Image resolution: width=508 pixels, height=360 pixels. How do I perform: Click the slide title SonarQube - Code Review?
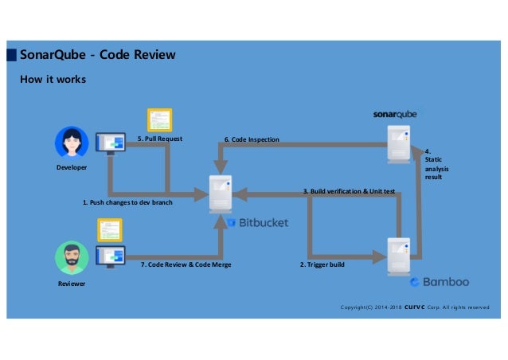[x=97, y=55]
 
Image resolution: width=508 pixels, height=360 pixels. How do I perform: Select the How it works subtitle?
[x=53, y=80]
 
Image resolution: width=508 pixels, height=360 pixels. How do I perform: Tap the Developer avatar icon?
[x=72, y=143]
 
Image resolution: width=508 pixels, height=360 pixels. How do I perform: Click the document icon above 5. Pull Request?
[x=158, y=119]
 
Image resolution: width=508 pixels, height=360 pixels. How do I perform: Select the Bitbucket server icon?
[x=221, y=193]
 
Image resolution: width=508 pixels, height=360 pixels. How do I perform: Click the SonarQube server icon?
[x=398, y=143]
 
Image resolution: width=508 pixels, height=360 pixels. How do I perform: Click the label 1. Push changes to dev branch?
[x=127, y=202]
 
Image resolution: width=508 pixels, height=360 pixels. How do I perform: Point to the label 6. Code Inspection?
[x=252, y=139]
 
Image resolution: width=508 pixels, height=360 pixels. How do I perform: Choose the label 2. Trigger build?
[x=322, y=264]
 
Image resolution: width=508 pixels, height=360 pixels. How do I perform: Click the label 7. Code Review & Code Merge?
[x=186, y=264]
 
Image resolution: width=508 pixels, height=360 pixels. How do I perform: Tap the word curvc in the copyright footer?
[x=415, y=306]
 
